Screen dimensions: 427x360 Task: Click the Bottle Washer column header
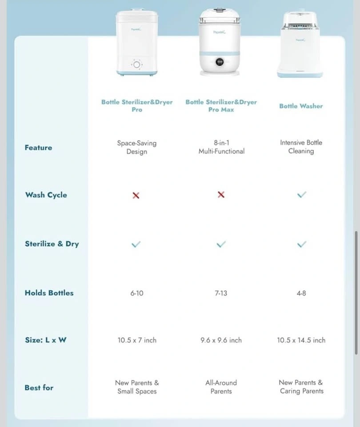(x=301, y=106)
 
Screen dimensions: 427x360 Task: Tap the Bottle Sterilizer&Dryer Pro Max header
(x=221, y=105)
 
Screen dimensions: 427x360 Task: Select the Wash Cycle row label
(x=46, y=195)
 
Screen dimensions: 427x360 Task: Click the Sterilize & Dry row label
(x=52, y=244)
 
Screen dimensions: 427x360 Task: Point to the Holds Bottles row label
(x=49, y=293)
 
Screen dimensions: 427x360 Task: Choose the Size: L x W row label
(x=46, y=340)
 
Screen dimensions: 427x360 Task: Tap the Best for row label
(x=39, y=387)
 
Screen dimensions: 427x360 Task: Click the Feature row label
(x=38, y=147)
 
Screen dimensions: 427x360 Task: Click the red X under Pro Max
(x=221, y=195)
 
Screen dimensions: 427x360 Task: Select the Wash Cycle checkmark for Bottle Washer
(x=301, y=195)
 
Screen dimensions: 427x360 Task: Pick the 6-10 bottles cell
(x=136, y=293)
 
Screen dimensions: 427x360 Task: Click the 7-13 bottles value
(x=221, y=293)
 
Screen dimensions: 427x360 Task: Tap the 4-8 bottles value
(x=301, y=293)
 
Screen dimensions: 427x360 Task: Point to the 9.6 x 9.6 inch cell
(x=221, y=340)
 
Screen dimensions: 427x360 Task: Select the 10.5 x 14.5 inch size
(x=301, y=340)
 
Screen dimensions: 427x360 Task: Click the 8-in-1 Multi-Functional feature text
(x=221, y=147)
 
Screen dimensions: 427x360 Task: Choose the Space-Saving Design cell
(x=136, y=147)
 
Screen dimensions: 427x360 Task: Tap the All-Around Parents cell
(x=221, y=387)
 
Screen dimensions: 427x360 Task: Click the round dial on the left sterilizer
(x=136, y=65)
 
